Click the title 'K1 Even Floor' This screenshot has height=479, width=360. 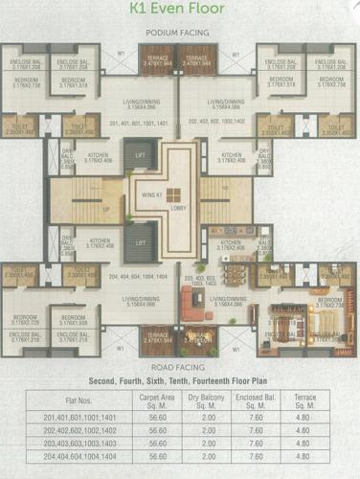(179, 12)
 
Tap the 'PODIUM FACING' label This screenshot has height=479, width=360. (178, 33)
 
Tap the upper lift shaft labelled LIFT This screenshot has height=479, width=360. (142, 153)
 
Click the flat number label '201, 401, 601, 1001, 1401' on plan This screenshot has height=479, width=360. (140, 123)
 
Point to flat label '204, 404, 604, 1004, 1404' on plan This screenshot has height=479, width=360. (140, 275)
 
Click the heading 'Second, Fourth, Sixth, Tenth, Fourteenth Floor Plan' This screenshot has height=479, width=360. (179, 380)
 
